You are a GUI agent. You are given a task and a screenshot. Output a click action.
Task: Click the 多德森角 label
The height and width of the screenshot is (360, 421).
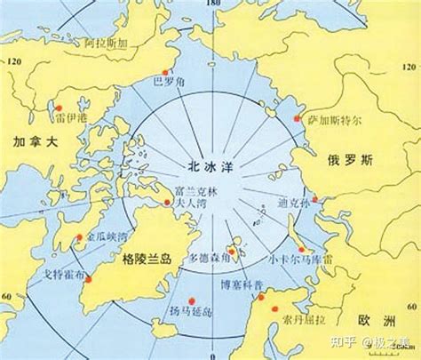210,259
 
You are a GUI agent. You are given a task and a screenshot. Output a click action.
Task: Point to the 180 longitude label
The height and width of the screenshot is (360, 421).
211,5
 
